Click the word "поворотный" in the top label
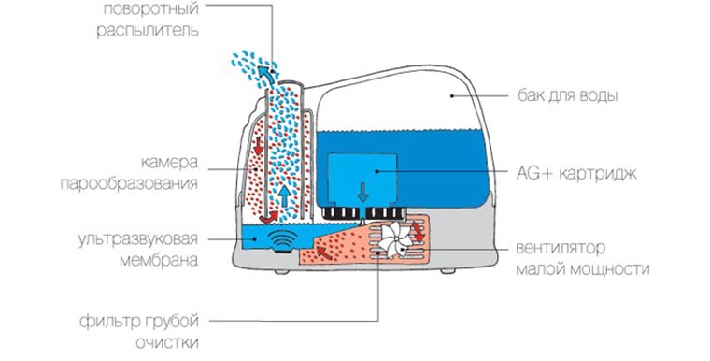click(150, 9)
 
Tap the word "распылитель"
click(148, 31)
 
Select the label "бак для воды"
click(568, 96)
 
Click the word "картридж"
click(598, 174)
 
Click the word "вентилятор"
click(561, 248)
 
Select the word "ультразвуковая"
click(138, 239)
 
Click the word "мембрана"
click(159, 260)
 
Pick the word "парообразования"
click(129, 183)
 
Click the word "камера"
click(169, 163)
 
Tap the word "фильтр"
click(107, 322)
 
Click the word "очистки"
click(167, 343)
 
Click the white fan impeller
click(395, 240)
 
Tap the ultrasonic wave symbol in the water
click(282, 238)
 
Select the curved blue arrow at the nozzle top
click(267, 75)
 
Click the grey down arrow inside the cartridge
click(362, 193)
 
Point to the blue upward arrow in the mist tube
click(284, 196)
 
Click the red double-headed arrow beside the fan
click(419, 231)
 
